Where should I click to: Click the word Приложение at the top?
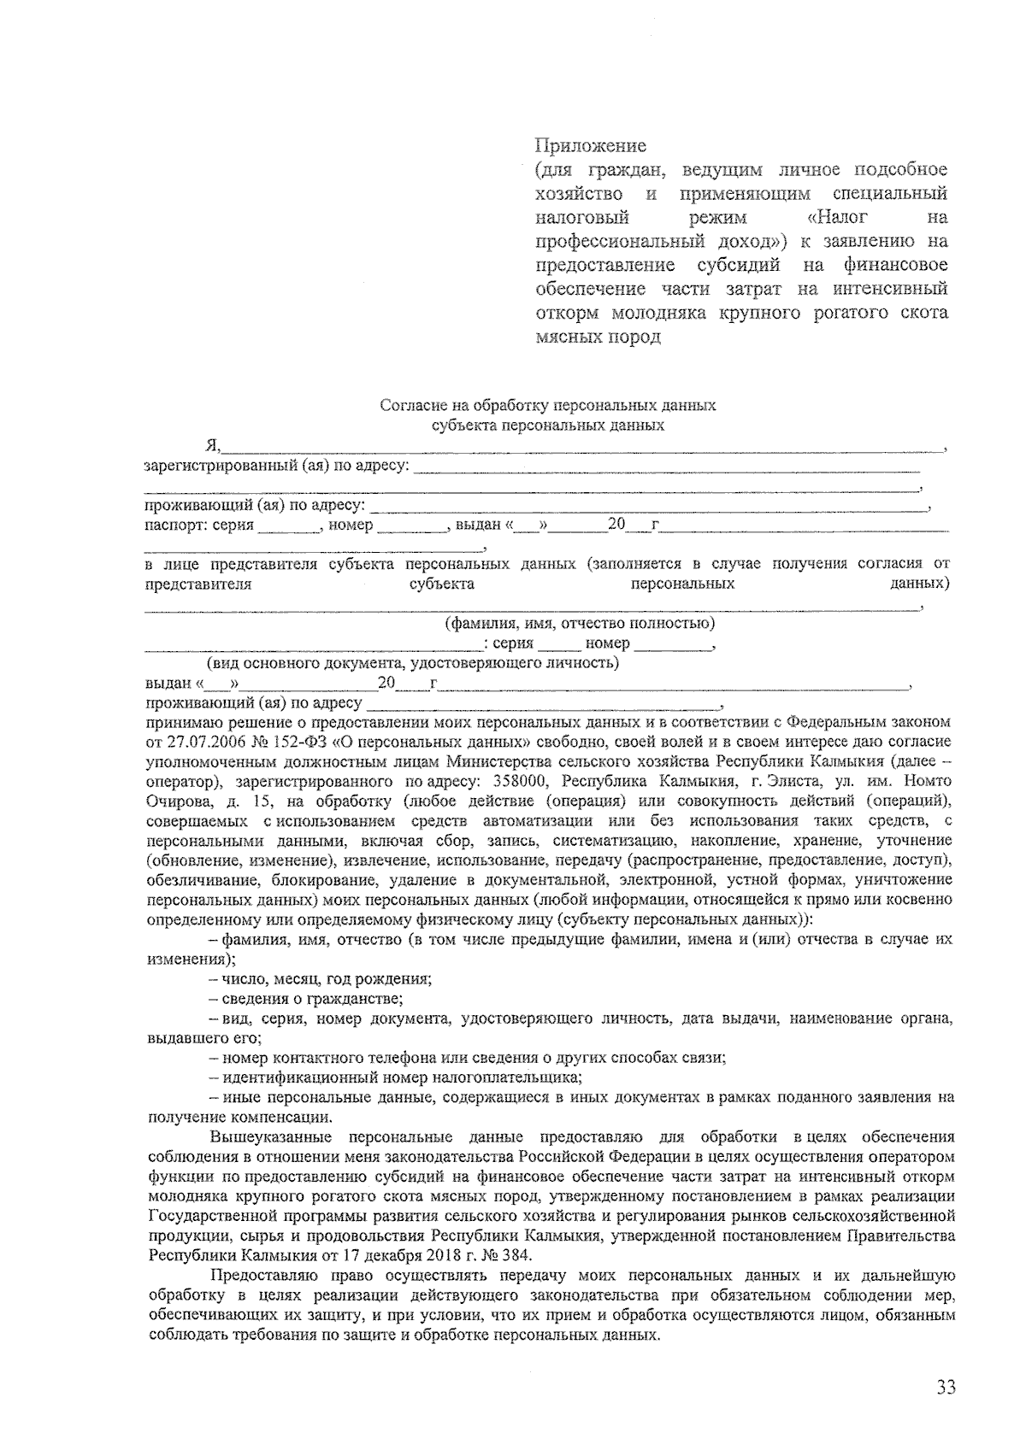tap(590, 146)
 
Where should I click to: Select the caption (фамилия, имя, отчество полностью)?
tap(580, 624)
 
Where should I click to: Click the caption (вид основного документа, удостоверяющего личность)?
tap(413, 663)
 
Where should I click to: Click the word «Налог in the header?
tap(839, 217)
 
